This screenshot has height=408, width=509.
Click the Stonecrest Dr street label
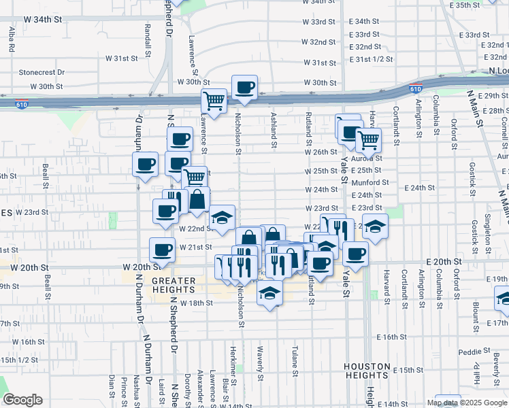[x=42, y=71]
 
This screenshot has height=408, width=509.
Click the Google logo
[x=22, y=400]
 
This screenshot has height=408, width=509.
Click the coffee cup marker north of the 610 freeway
[x=244, y=87]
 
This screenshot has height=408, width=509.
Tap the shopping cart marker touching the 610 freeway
[x=214, y=101]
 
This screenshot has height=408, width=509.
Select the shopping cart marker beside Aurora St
[x=368, y=140]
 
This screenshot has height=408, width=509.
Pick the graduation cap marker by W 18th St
[x=269, y=293]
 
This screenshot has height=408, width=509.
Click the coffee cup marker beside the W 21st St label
[x=161, y=250]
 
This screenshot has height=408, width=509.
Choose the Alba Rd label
[x=12, y=40]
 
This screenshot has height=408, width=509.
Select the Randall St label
[x=148, y=39]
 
